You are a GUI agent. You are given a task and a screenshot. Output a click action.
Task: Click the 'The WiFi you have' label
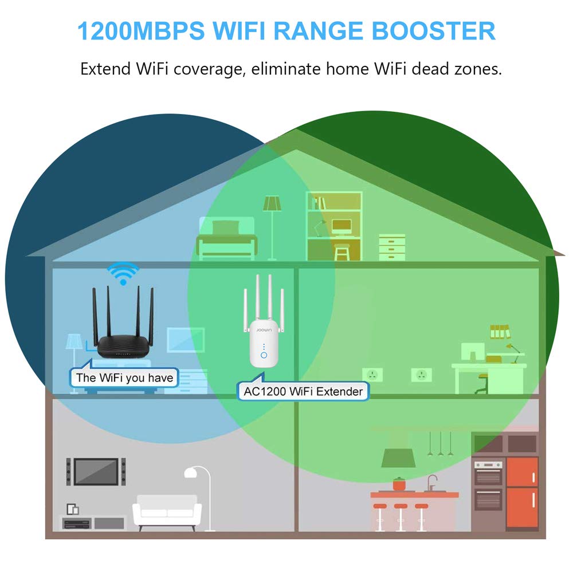click(x=124, y=377)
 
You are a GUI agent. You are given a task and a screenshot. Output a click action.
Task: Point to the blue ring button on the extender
click(x=264, y=355)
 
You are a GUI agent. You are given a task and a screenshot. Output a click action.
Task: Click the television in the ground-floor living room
click(x=96, y=471)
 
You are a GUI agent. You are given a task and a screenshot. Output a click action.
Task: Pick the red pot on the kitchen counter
click(x=398, y=483)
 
